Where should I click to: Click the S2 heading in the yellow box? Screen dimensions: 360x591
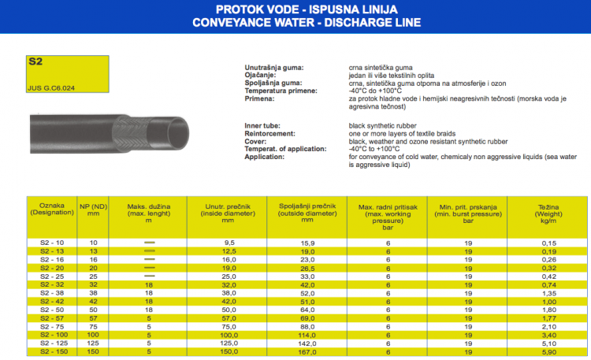click(x=35, y=61)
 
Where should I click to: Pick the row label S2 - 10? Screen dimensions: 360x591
click(x=51, y=243)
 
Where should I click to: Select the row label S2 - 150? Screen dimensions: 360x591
click(x=51, y=352)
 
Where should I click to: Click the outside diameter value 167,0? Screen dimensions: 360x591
click(x=307, y=352)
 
